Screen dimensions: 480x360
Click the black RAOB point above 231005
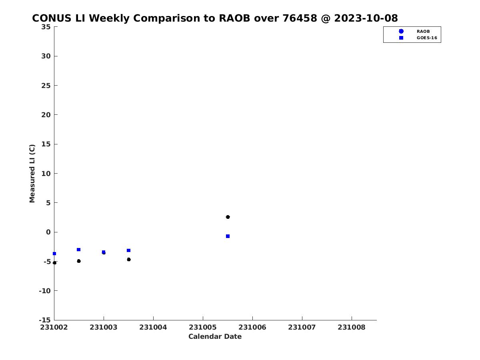[x=228, y=217]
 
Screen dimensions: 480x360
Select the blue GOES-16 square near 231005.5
[x=228, y=236]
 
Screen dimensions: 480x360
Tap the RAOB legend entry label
[x=423, y=32]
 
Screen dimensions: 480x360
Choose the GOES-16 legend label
[x=427, y=38]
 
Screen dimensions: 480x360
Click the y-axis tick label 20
[x=46, y=115]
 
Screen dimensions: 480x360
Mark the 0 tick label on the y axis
[x=48, y=232]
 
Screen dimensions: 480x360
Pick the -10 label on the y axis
[x=45, y=291]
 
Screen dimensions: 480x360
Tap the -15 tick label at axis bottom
[x=45, y=320]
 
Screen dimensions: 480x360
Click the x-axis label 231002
[x=54, y=327]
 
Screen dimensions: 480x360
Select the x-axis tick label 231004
[x=153, y=327]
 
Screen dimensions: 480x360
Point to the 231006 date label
[x=252, y=327]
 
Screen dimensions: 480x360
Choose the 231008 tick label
[x=352, y=327]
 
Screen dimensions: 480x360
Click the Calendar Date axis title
[x=215, y=336]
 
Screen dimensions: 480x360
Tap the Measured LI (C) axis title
[x=32, y=174]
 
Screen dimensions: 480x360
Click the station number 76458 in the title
[x=300, y=18]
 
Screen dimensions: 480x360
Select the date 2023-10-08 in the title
[x=366, y=18]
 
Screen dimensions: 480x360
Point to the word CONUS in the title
[x=52, y=18]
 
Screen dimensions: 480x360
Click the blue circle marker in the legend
[x=401, y=31]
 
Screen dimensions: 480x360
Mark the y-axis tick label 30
[x=46, y=56]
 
